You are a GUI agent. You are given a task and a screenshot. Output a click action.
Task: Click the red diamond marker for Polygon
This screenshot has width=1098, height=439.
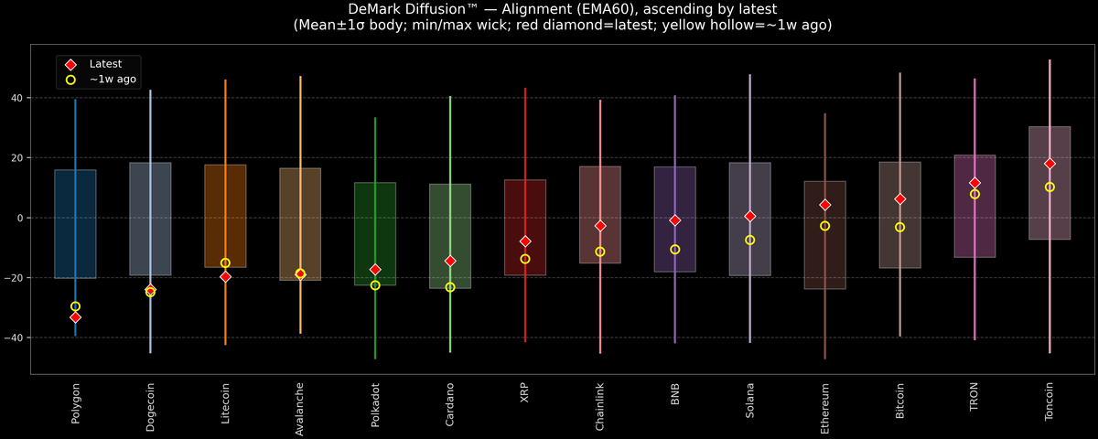[75, 317]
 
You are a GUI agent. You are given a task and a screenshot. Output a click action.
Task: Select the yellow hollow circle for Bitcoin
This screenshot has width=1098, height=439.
[899, 227]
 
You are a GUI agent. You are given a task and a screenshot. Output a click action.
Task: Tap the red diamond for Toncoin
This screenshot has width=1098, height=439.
[1050, 164]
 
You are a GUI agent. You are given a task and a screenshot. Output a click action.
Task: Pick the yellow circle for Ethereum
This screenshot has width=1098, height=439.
[824, 226]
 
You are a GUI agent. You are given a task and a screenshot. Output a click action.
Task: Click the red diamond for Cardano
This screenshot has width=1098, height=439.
[449, 261]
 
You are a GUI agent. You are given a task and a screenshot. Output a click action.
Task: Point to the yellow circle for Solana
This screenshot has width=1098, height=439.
[749, 240]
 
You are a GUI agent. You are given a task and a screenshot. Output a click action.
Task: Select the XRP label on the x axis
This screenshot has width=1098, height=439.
[525, 393]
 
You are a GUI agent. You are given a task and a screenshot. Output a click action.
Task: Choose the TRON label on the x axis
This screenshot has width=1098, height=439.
[974, 397]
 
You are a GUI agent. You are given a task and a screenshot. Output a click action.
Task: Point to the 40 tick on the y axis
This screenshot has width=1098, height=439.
[17, 98]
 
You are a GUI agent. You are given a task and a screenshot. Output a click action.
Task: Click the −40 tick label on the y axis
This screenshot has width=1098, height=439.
[15, 338]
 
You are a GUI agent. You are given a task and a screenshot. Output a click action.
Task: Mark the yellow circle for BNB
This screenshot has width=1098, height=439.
[674, 250]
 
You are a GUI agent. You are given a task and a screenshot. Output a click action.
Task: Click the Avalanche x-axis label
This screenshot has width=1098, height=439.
[300, 409]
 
